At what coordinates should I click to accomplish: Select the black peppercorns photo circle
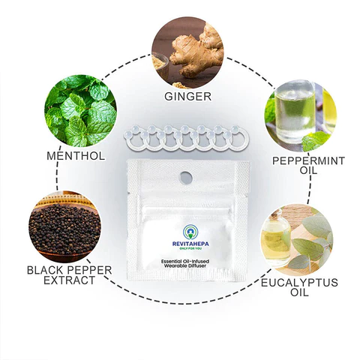(x=61, y=224)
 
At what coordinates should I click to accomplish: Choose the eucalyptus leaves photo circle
(x=297, y=239)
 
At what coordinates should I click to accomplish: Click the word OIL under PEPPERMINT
(x=298, y=172)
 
